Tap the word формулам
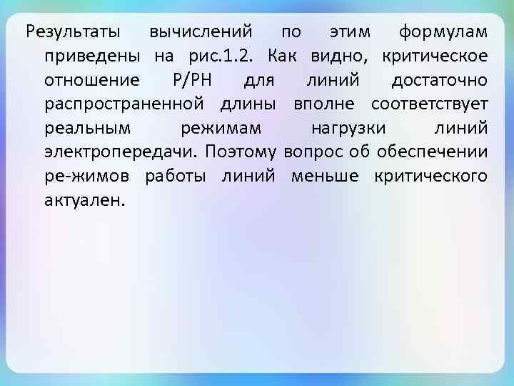coord(443,32)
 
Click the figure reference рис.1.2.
coord(228,56)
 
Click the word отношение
coord(93,80)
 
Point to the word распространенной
coord(124,104)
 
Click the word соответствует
coord(430,104)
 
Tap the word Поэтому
coord(241,152)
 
